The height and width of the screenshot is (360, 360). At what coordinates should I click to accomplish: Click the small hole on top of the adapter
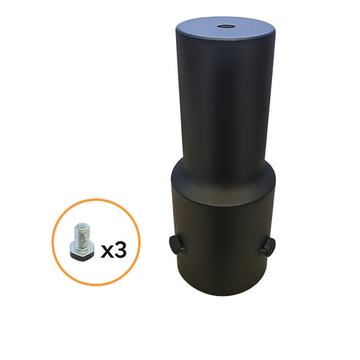coord(222,26)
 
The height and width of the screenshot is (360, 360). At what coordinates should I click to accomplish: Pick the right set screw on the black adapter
coord(266,246)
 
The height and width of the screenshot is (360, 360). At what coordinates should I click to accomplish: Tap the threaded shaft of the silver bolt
coord(82,237)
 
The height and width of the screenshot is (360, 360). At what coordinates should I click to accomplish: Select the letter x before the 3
coord(106,251)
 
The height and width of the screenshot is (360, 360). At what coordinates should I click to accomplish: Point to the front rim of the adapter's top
coord(220,46)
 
